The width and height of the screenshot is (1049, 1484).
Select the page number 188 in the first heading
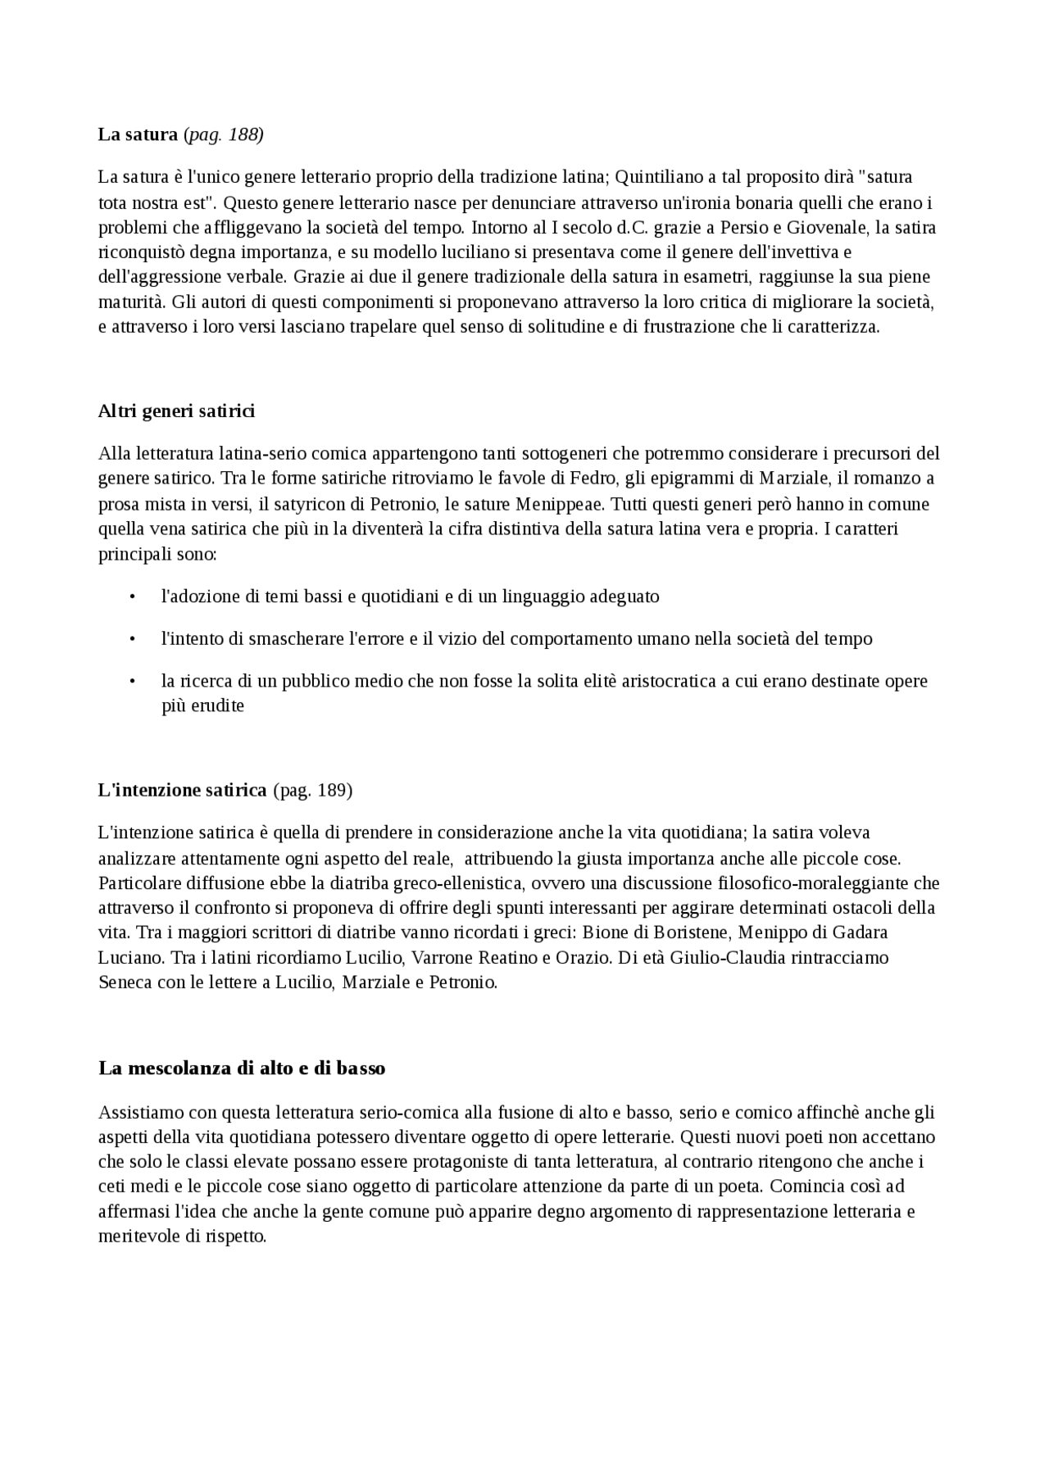point(244,134)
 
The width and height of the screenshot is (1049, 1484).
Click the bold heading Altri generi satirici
point(176,411)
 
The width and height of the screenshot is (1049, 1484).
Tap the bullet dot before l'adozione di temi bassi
point(132,597)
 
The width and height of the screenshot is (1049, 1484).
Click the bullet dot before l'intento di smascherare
point(132,638)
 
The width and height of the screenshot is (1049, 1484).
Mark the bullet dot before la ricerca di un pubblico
point(132,681)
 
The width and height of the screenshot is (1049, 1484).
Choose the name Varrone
point(441,957)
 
